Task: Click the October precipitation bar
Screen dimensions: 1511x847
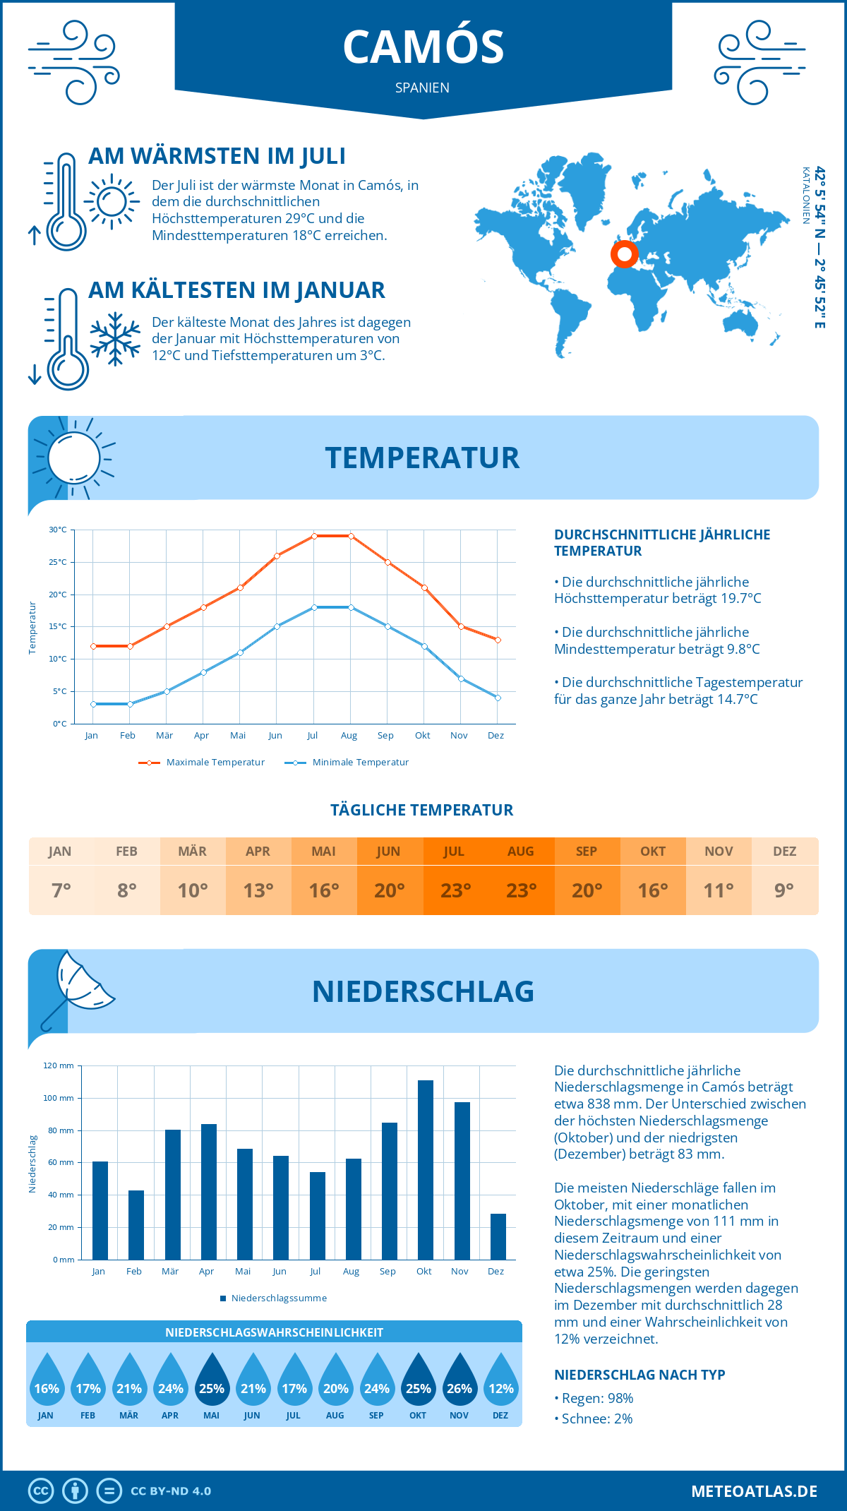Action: click(x=425, y=1170)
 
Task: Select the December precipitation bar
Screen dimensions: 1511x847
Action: click(x=498, y=1236)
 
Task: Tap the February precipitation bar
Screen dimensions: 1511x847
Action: click(x=136, y=1225)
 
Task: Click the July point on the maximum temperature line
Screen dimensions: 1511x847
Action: click(x=314, y=536)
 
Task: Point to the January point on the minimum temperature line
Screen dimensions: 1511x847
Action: click(x=93, y=704)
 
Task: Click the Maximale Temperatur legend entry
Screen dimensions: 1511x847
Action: click(x=202, y=763)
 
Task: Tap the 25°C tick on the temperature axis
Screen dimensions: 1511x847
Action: click(x=58, y=562)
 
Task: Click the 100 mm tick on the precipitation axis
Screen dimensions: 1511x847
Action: click(x=59, y=1098)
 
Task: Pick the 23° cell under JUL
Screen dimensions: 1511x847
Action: click(x=455, y=890)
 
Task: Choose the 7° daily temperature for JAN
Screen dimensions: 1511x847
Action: click(x=61, y=890)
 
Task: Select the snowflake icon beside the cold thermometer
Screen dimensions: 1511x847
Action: click(x=115, y=339)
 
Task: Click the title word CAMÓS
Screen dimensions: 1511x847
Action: click(x=423, y=47)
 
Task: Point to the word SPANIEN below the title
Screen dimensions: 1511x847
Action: click(x=422, y=88)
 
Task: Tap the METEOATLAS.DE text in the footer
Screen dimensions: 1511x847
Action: click(x=754, y=1491)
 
